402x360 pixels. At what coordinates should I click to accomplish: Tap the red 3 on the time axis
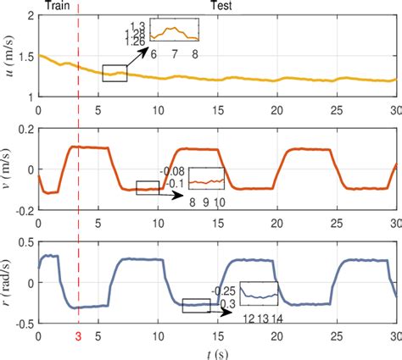coord(78,336)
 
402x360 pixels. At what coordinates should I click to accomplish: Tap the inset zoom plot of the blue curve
coord(259,293)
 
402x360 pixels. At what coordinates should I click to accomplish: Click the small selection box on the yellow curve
coord(114,74)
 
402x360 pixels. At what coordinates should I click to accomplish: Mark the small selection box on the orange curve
coord(148,187)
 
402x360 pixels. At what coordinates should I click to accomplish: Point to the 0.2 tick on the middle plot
coord(25,130)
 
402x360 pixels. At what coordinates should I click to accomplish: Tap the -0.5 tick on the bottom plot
coord(23,324)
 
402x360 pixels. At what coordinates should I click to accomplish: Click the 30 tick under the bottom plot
coord(395,336)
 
